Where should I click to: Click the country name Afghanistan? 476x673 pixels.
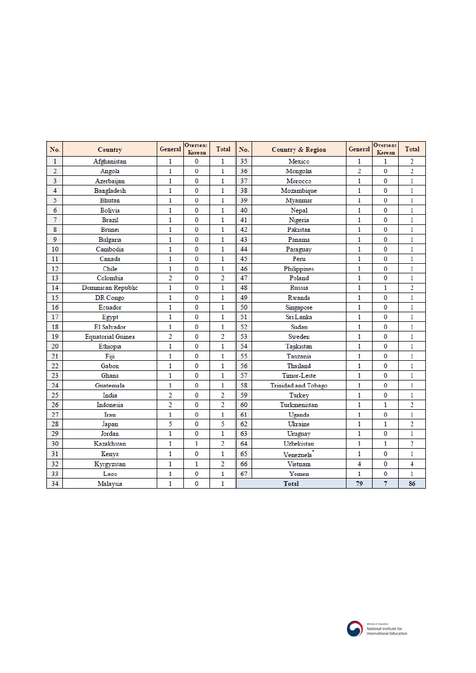[x=110, y=161]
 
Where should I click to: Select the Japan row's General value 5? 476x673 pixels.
[x=170, y=425]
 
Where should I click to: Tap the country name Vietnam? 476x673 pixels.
[x=298, y=464]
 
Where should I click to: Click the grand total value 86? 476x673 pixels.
[x=412, y=484]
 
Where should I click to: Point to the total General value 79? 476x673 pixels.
[x=359, y=484]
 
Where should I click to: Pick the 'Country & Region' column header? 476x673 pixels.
[x=298, y=150]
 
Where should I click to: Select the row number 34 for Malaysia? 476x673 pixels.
[x=54, y=484]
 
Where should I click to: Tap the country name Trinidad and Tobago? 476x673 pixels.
[x=298, y=386]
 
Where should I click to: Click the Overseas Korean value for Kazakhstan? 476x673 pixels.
[x=196, y=444]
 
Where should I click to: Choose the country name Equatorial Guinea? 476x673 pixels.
[x=110, y=337]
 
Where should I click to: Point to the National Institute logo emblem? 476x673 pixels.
[x=354, y=629]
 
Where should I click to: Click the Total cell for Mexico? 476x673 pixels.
[x=412, y=161]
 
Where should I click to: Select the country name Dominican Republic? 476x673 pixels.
[x=110, y=288]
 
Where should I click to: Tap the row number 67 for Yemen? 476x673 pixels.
[x=244, y=474]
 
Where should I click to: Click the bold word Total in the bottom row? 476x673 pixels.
[x=291, y=484]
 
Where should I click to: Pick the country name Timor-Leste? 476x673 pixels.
[x=298, y=376]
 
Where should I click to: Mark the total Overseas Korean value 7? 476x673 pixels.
[x=385, y=484]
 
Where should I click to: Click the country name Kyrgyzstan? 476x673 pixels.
[x=110, y=464]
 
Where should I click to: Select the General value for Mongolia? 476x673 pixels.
[x=359, y=172]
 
